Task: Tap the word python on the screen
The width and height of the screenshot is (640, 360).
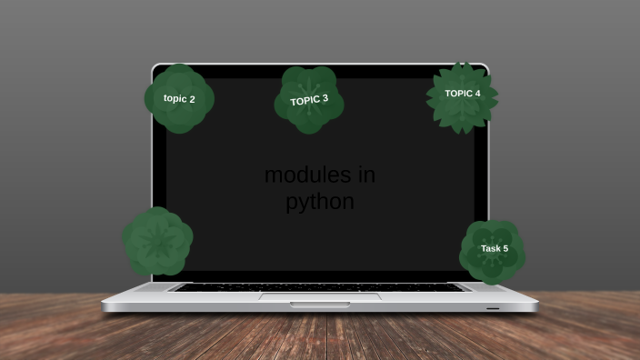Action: (x=320, y=202)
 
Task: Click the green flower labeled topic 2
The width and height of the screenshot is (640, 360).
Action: (x=179, y=98)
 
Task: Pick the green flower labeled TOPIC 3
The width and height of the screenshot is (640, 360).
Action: (x=309, y=100)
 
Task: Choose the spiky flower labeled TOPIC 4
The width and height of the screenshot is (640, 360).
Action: (x=463, y=97)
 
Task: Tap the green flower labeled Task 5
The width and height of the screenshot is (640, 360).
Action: (x=492, y=251)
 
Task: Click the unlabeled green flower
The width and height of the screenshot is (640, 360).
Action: (x=157, y=241)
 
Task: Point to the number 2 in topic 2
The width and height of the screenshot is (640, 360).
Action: (x=191, y=98)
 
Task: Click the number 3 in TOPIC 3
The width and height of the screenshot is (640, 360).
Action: (x=325, y=97)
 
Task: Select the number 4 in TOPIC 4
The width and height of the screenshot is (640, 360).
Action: (x=477, y=93)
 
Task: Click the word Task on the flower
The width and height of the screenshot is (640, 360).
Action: (x=490, y=248)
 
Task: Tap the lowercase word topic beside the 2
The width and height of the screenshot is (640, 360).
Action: (x=175, y=98)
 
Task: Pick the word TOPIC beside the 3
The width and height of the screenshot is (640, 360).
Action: (x=305, y=100)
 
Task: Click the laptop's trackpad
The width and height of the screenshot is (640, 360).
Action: (x=320, y=295)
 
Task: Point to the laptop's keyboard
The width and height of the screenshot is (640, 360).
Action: (x=320, y=286)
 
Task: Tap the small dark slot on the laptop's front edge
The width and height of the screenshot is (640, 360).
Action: (x=492, y=308)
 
